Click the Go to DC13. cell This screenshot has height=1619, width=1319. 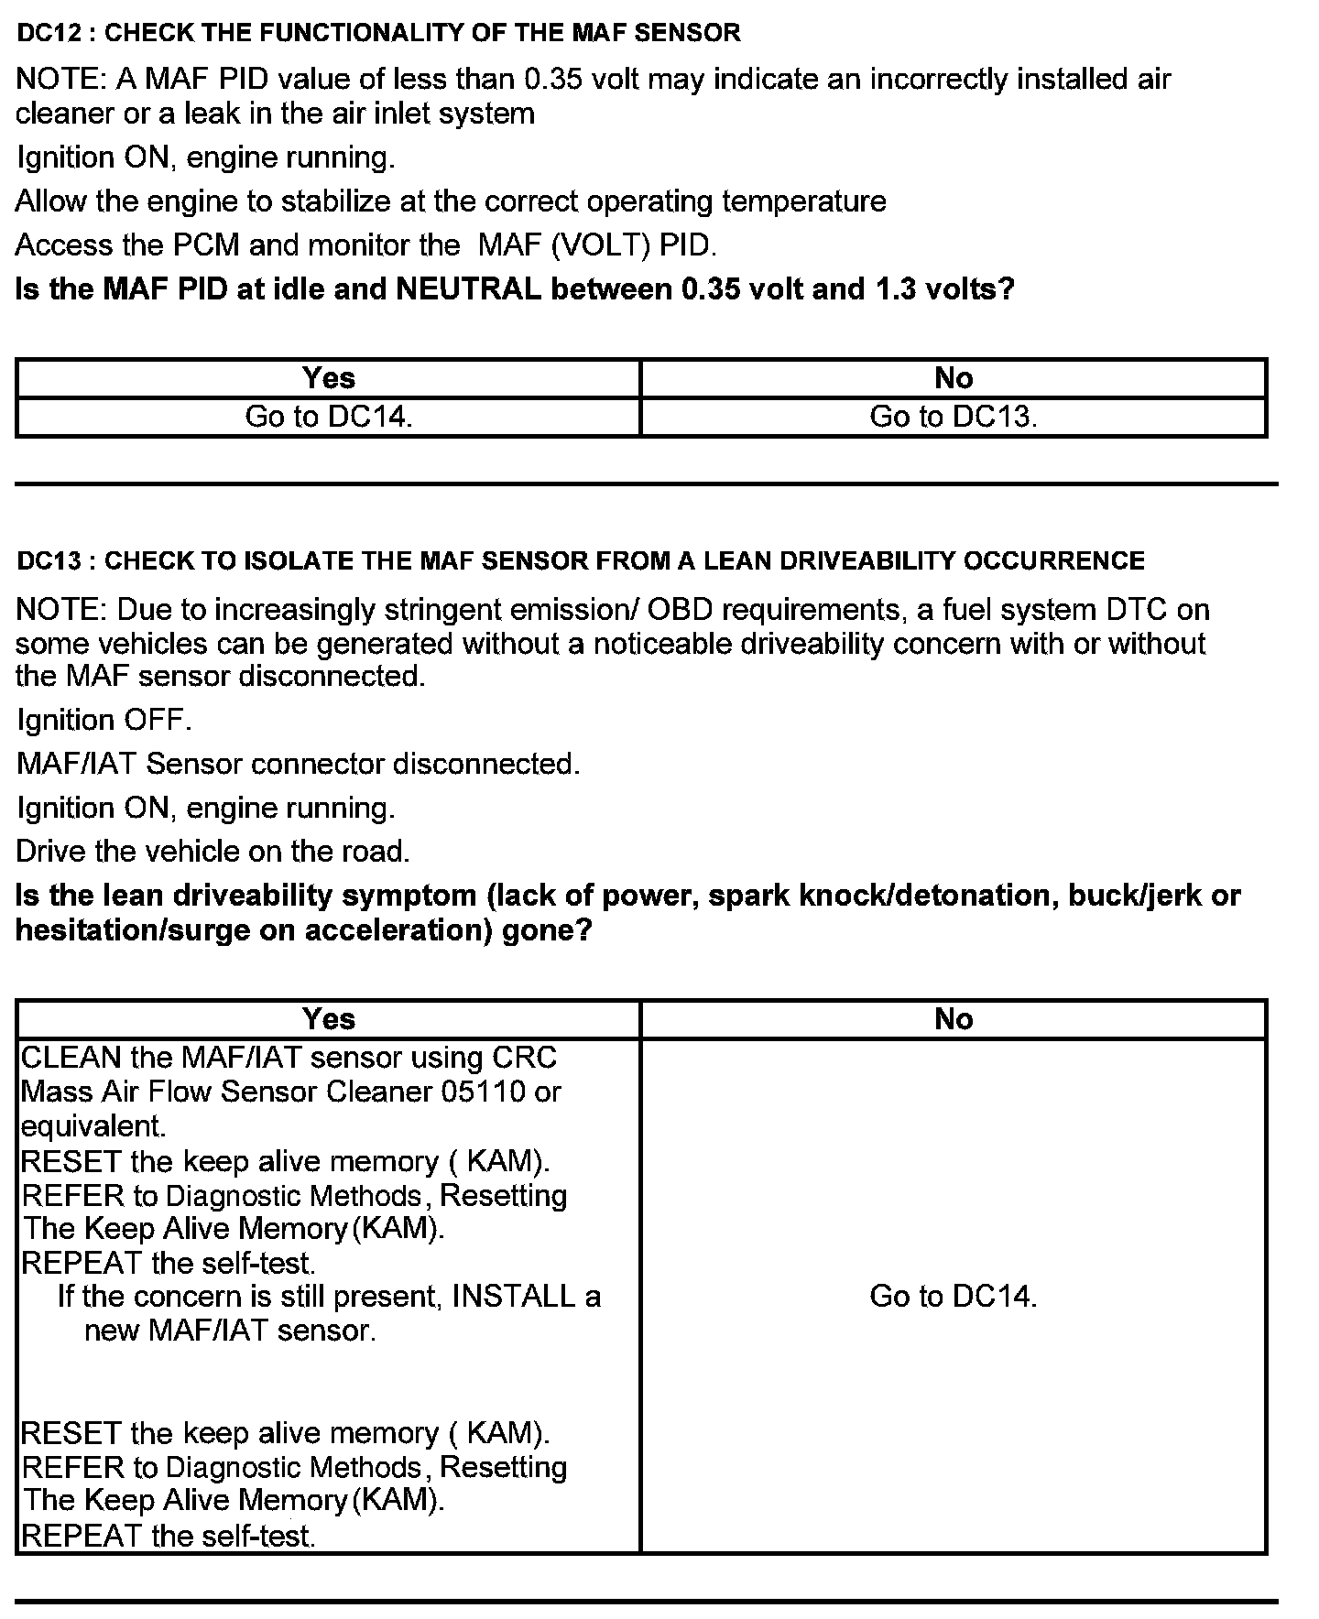(x=953, y=417)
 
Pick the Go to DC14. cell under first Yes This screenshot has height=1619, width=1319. (x=328, y=417)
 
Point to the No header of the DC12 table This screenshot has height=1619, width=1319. (x=953, y=377)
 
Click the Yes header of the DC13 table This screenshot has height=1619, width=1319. (x=328, y=1018)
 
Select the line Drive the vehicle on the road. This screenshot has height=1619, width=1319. (x=213, y=852)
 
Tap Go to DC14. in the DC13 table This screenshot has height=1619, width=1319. (x=953, y=1297)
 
